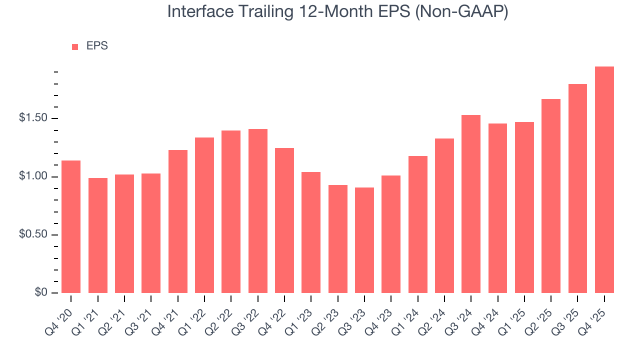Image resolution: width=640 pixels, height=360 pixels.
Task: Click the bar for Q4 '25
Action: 604,180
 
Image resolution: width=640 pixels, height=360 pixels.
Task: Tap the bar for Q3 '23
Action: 364,240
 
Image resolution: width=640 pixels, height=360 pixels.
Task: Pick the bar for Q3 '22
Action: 257,211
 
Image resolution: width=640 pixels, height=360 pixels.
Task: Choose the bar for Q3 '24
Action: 471,204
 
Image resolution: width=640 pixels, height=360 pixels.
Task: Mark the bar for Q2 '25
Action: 551,196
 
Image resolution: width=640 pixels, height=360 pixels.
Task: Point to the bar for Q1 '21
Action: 98,235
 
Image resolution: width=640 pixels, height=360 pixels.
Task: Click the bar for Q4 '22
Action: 284,220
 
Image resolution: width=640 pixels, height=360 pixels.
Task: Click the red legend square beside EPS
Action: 75,46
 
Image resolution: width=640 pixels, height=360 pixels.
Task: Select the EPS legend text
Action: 97,46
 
